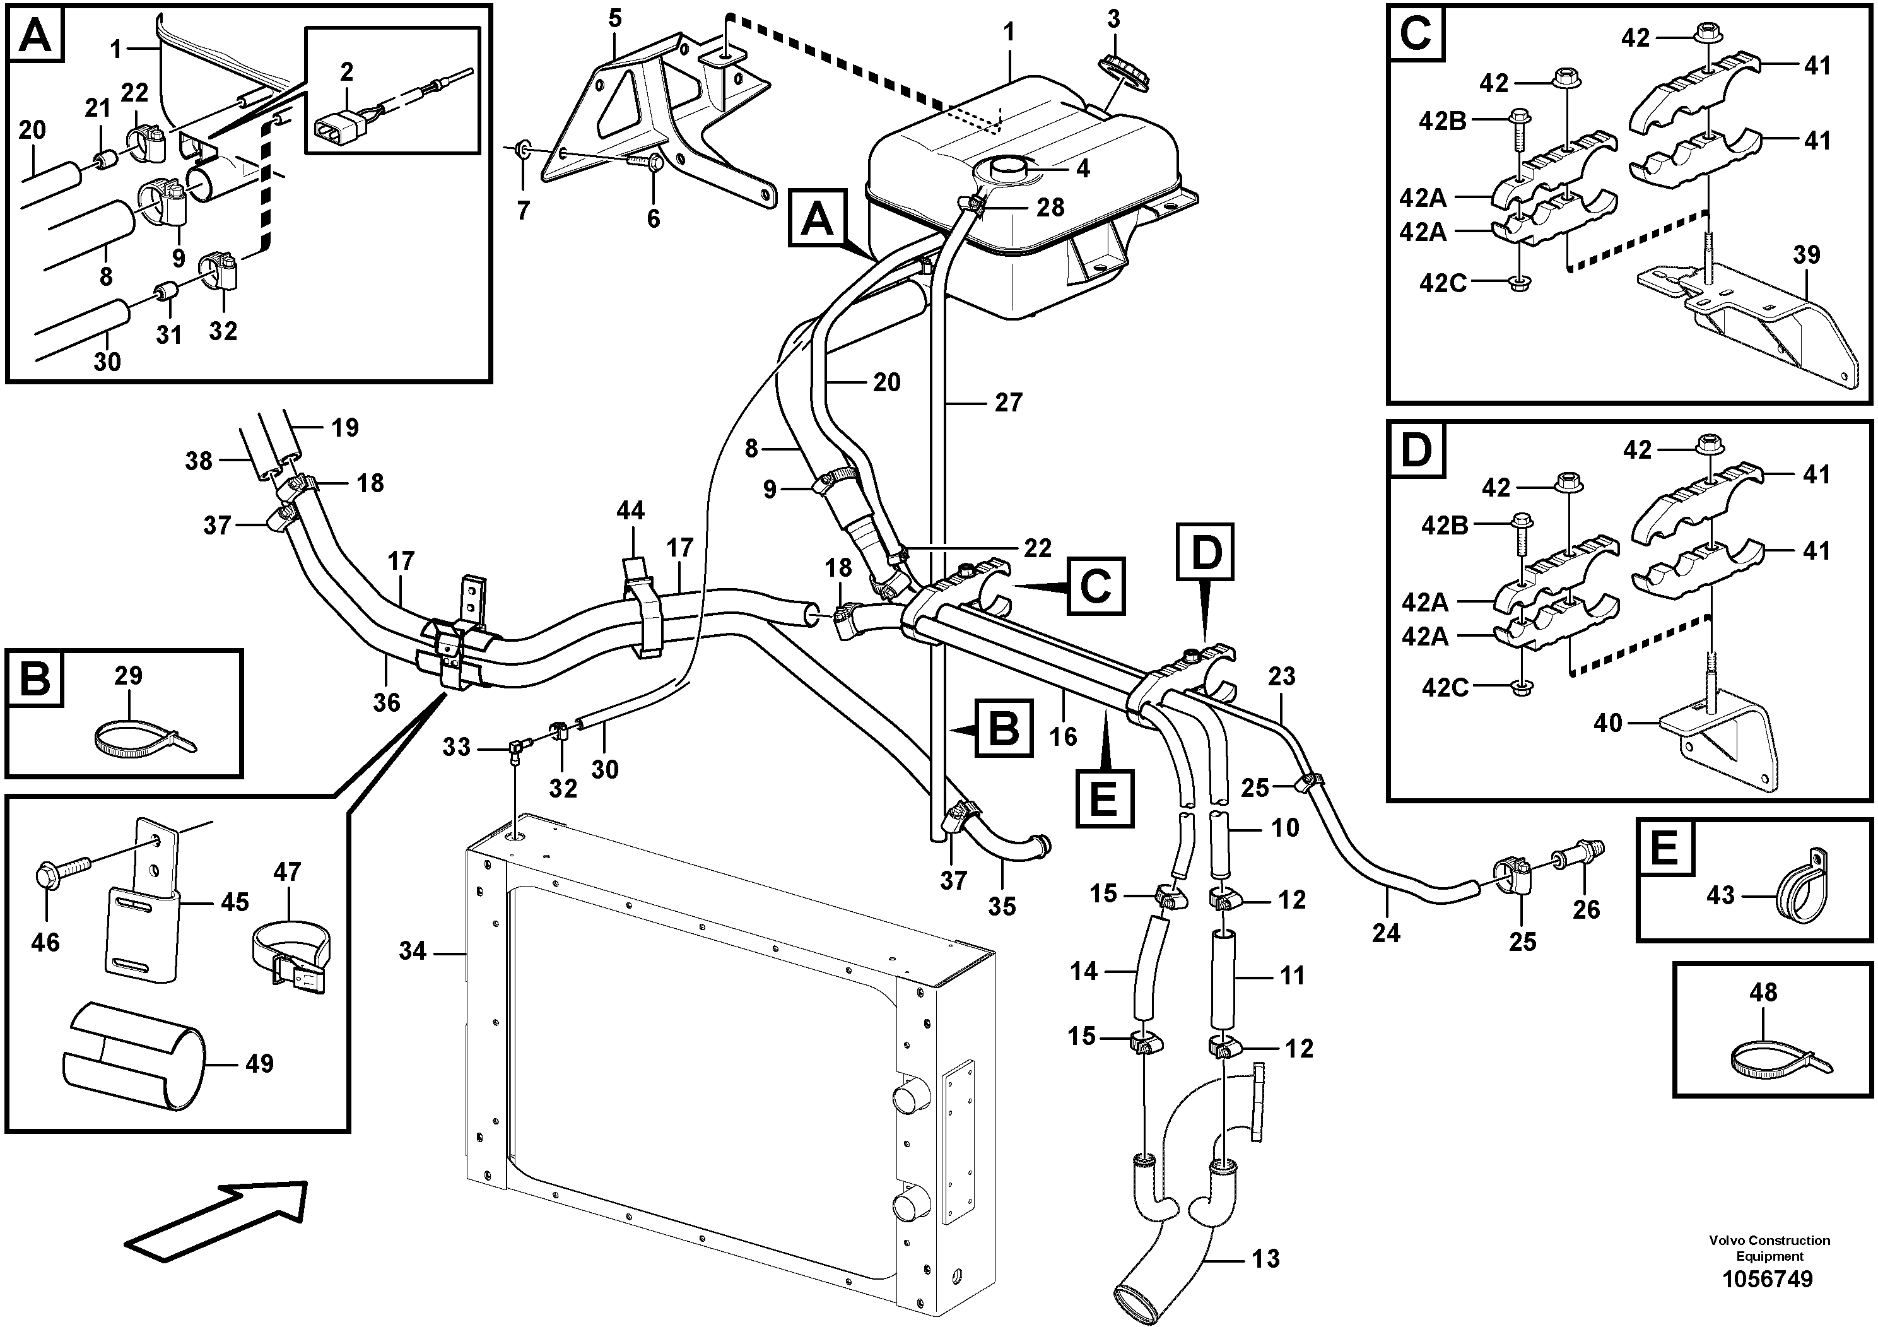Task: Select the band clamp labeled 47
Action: click(x=290, y=952)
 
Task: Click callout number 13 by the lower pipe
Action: click(x=1265, y=1258)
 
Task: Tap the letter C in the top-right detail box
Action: click(x=1416, y=34)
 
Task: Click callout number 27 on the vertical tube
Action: click(x=1009, y=403)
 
